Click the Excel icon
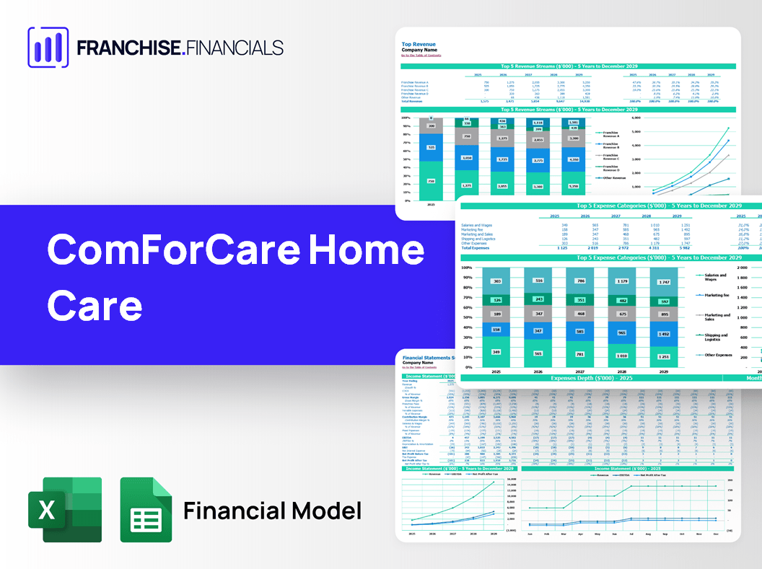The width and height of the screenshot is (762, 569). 64,510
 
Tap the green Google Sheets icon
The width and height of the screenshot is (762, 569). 146,510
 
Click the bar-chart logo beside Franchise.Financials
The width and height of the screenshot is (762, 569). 48,48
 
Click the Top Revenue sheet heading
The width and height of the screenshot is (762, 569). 419,44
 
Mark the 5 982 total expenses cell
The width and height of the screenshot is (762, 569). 680,248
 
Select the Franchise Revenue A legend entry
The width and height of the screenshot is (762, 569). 610,134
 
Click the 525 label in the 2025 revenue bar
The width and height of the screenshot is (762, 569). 432,146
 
